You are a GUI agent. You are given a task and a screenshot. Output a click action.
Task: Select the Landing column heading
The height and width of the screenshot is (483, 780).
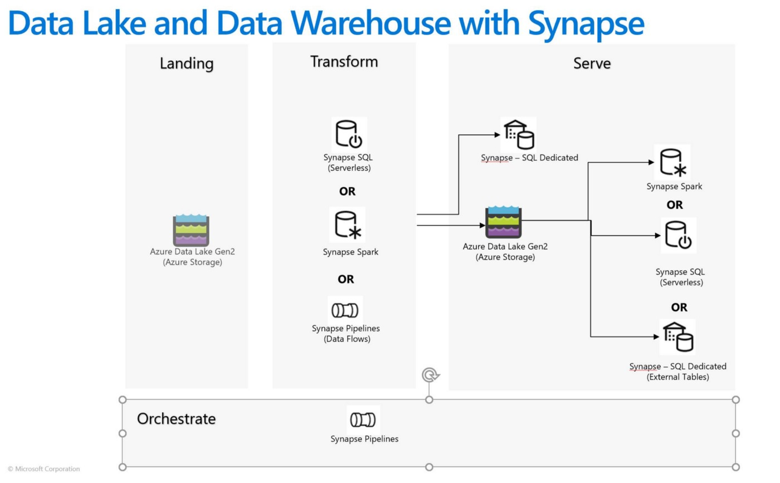click(186, 64)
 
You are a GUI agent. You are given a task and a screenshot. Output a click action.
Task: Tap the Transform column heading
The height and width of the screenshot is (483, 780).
click(344, 62)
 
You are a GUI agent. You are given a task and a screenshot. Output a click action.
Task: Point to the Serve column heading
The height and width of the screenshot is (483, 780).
click(592, 64)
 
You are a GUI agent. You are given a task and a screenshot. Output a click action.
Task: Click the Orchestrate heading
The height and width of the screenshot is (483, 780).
click(176, 419)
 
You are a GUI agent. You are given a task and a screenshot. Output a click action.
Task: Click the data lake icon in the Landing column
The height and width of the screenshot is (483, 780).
click(191, 230)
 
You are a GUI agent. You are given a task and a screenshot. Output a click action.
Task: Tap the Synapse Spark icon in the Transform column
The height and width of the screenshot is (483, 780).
click(347, 225)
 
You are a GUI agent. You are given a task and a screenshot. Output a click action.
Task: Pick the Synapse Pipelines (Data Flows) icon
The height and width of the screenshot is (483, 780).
click(345, 310)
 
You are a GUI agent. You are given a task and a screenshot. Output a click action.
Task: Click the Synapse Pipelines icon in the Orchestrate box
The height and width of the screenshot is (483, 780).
click(363, 419)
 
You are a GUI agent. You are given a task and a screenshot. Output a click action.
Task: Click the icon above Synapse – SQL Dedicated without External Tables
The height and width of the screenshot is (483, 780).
click(518, 134)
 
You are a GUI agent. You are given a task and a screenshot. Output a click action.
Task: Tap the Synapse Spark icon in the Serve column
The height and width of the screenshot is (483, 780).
click(673, 162)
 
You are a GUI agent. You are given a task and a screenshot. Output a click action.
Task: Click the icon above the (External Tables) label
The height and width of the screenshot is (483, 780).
click(677, 336)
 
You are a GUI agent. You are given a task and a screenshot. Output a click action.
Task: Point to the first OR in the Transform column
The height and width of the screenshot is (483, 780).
click(347, 192)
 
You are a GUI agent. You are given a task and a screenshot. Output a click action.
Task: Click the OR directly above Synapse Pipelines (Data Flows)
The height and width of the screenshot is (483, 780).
click(345, 279)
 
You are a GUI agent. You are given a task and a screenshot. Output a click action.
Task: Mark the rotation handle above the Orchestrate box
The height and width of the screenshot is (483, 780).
click(428, 375)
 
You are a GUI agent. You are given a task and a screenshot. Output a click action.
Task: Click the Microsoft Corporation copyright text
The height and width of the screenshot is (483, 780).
click(44, 469)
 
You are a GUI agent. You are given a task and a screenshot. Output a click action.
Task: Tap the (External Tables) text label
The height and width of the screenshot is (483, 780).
click(677, 377)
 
